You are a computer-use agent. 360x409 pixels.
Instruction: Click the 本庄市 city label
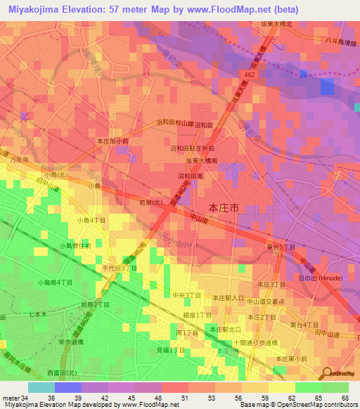click(225, 208)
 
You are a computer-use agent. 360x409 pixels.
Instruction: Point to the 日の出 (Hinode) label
click(320, 279)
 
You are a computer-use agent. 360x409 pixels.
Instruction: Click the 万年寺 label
click(19, 161)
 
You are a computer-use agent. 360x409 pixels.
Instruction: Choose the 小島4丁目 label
click(91, 221)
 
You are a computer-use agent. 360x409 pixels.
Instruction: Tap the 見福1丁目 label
click(170, 350)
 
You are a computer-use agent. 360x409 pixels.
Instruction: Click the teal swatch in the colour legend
click(41, 387)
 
